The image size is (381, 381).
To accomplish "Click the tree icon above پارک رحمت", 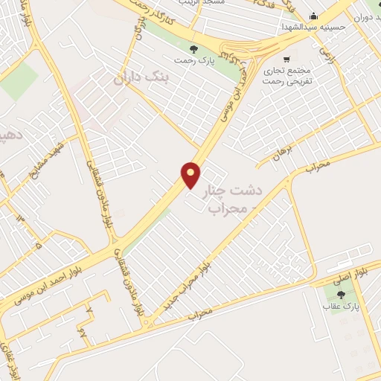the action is [193, 49].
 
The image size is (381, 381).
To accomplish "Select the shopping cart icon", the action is [286, 58].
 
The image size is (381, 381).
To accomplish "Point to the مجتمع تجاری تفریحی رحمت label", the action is [286, 74].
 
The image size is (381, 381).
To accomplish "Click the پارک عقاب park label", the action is [341, 306].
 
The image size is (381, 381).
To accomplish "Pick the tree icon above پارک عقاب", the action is [342, 295].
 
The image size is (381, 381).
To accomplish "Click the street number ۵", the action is [38, 241].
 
